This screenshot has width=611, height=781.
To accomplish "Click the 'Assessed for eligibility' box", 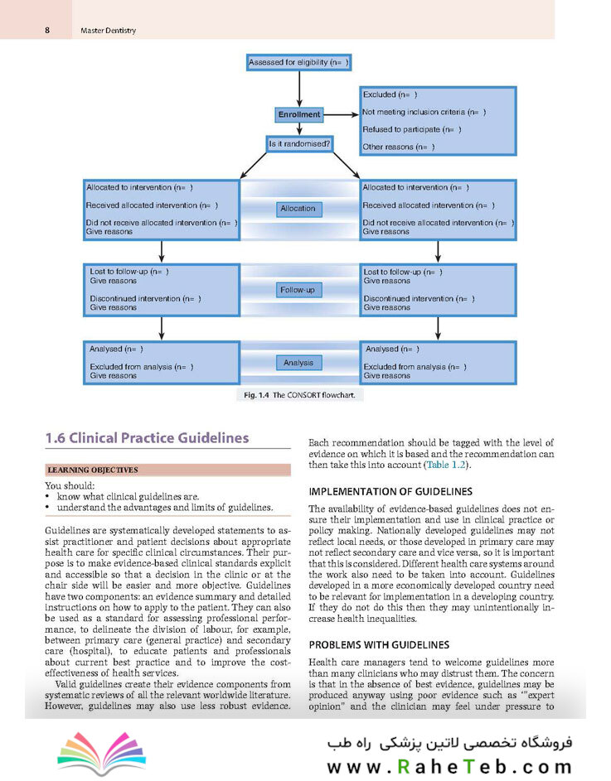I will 298,63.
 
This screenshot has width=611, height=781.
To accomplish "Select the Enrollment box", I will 298,114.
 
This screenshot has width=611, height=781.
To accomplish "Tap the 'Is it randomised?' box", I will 298,144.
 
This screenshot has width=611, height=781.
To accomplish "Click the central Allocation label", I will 298,209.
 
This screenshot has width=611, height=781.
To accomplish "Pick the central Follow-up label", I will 298,291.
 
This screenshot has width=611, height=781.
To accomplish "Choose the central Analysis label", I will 298,363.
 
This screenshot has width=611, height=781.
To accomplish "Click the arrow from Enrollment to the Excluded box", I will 340,114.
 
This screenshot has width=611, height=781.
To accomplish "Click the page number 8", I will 47,31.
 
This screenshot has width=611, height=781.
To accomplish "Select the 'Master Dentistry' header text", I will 108,31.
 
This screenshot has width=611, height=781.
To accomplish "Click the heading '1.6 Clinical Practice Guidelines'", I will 147,438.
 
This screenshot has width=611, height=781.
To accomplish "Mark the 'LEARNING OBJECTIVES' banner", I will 91,470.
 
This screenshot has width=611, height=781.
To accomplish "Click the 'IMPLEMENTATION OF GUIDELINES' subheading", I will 390,491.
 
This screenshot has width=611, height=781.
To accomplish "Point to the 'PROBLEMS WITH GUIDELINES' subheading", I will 379,644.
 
